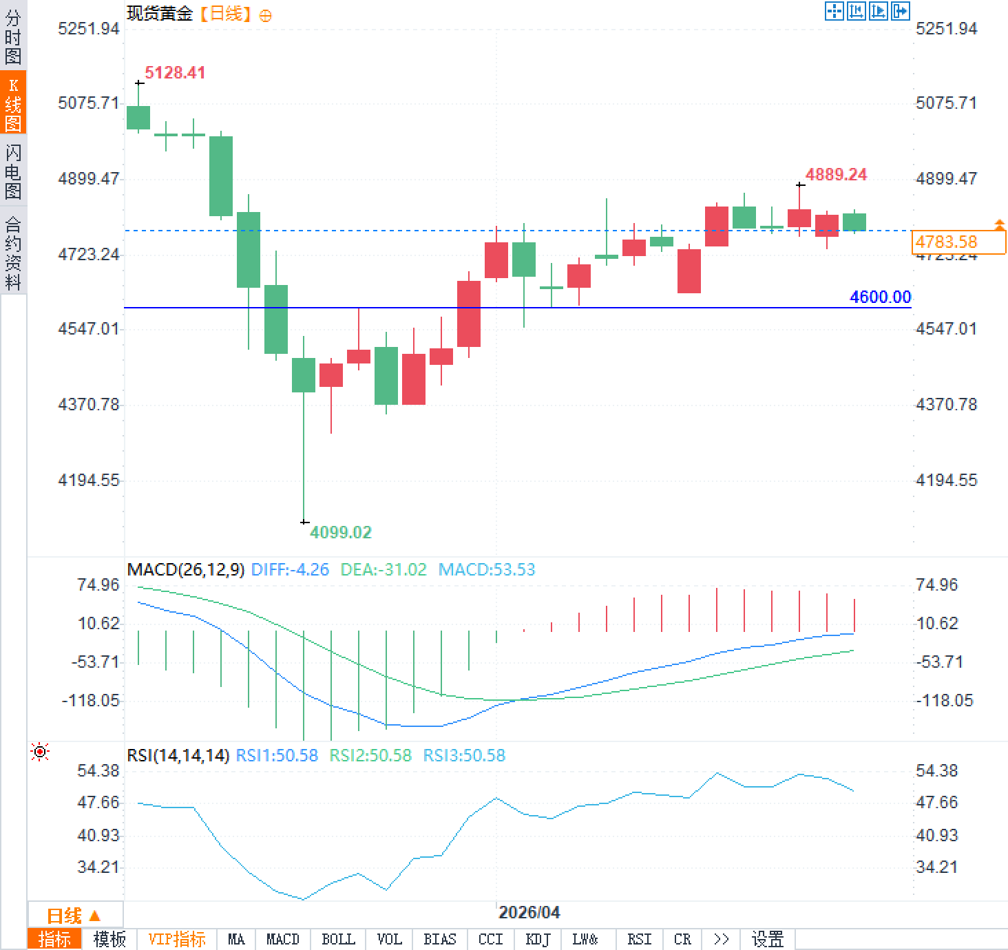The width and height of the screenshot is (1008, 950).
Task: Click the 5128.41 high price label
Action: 175,73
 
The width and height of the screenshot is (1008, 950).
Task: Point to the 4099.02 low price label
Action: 340,532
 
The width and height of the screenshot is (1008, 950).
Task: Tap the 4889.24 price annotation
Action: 836,175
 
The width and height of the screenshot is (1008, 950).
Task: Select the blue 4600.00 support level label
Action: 880,297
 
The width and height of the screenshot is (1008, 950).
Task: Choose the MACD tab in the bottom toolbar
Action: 282,940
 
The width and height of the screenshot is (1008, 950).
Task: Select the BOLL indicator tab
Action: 338,940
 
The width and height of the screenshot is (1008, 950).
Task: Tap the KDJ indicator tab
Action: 538,940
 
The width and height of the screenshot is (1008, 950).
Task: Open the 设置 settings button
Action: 767,940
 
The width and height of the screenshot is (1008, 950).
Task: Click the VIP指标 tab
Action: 177,940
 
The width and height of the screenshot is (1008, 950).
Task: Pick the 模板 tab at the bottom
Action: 109,940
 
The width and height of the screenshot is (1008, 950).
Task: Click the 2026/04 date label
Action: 529,913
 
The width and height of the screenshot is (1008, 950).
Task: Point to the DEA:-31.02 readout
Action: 384,570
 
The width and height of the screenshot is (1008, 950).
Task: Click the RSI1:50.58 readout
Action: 277,756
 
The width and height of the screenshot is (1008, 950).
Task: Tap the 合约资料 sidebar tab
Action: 13,253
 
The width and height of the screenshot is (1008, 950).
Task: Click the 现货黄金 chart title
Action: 160,14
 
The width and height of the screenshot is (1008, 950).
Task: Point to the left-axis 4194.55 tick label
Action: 89,481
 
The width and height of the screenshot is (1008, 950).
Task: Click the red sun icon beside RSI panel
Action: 40,752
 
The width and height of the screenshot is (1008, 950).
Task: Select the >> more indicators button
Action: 721,940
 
